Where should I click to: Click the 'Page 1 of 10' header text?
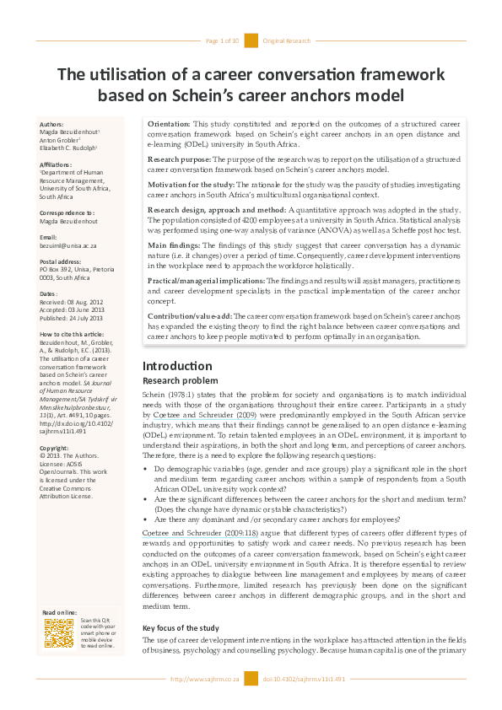point(223,40)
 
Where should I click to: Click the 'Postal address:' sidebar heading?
point(63,261)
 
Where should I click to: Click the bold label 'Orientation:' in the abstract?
point(169,124)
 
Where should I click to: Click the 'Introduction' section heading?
point(171,366)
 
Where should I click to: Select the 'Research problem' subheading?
point(175,380)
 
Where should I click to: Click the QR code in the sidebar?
point(59,633)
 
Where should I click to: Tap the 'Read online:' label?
point(60,612)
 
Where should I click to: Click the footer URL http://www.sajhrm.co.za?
point(205,679)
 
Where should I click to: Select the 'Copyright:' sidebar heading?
point(55,448)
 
